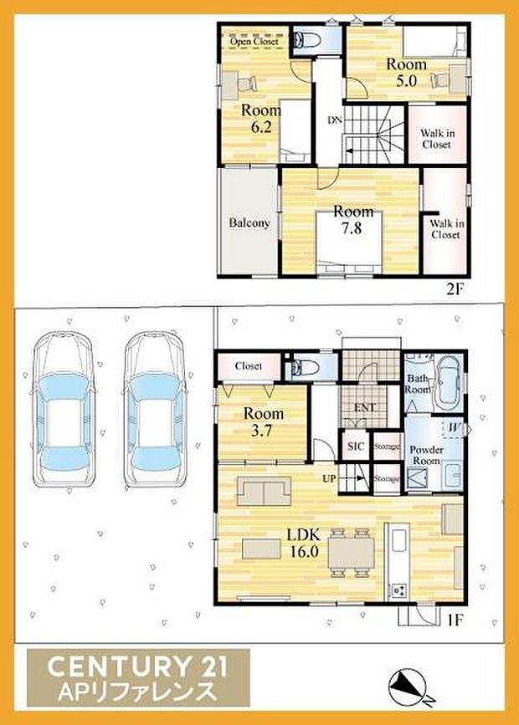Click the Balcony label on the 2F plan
point(249,223)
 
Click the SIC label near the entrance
point(355,447)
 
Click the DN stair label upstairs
point(334,120)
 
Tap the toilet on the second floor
point(305,38)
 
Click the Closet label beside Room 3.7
point(248,365)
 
